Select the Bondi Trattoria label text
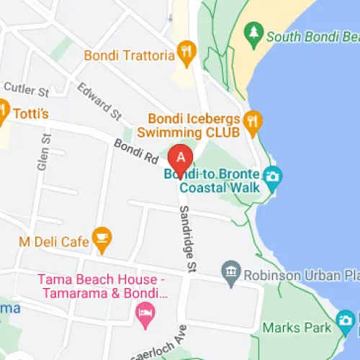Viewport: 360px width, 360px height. (x=130, y=54)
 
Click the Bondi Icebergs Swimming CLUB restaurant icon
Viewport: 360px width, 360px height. (x=251, y=120)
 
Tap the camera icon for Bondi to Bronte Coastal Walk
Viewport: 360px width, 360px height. (x=272, y=176)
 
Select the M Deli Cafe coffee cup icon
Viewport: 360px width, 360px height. (x=102, y=235)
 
